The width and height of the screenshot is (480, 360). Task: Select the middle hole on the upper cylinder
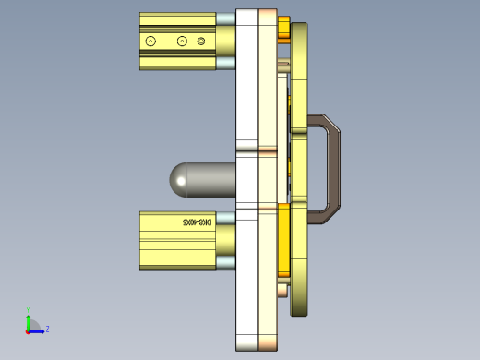(182, 42)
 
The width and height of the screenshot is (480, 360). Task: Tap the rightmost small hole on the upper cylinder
(201, 42)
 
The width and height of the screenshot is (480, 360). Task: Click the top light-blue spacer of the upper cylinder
(225, 18)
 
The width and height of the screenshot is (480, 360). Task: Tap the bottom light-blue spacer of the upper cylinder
(225, 64)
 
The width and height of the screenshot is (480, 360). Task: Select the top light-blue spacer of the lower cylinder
(225, 216)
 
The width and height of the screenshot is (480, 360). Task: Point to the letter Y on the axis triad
(28, 310)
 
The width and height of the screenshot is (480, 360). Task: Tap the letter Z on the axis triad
(47, 329)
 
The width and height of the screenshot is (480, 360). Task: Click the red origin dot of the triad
(28, 330)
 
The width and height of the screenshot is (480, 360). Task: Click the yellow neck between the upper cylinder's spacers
(225, 41)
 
